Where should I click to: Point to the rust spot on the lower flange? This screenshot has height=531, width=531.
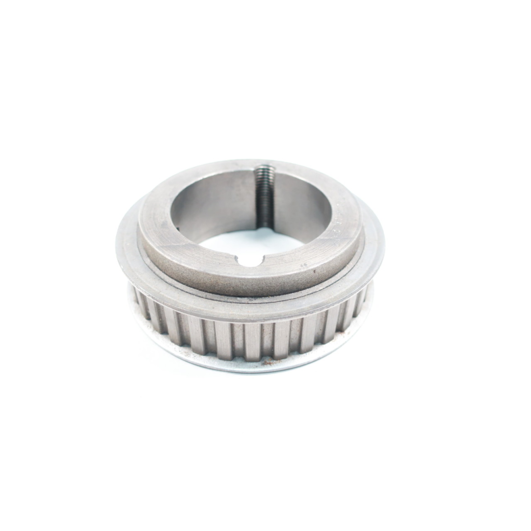[269, 363]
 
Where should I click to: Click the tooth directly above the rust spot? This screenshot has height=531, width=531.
[268, 342]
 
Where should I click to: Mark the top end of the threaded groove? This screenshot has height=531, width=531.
[263, 169]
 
